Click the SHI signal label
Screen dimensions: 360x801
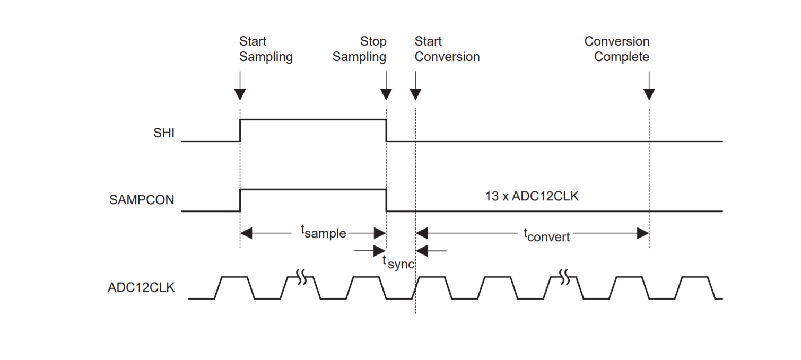[163, 134]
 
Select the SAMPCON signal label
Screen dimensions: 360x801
[142, 200]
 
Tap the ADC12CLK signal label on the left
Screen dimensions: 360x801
[141, 288]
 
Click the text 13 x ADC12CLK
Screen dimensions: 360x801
[532, 196]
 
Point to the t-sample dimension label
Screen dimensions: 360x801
[324, 232]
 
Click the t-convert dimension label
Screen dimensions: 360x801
[547, 235]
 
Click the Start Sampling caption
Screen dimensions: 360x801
[266, 49]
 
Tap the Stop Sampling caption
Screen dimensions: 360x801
[360, 49]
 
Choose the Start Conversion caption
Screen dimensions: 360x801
[447, 49]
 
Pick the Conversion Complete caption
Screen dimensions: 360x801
[617, 49]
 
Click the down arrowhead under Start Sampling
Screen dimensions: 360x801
[240, 94]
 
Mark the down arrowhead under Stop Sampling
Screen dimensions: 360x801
[386, 94]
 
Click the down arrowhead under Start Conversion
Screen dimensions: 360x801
[415, 94]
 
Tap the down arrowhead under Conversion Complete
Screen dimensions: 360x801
[649, 94]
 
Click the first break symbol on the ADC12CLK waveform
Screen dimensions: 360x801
[302, 277]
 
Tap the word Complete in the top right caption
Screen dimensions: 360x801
[622, 57]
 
